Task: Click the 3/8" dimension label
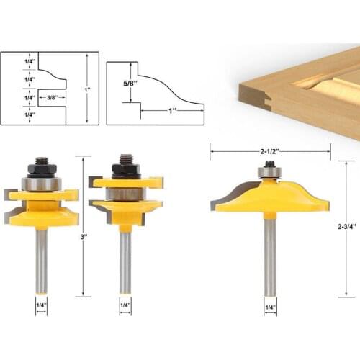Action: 50,96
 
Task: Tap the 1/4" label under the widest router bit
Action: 270,307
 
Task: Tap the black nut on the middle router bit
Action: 125,171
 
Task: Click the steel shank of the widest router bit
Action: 270,252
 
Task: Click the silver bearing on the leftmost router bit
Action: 40,184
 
